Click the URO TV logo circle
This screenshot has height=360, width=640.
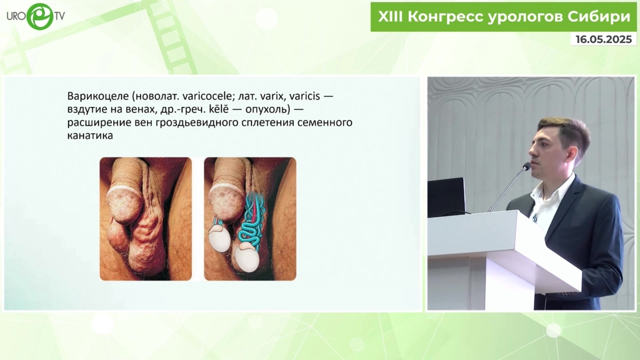point(40,16)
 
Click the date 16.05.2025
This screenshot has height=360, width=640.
point(604,39)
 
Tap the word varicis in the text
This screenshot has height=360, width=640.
point(304,96)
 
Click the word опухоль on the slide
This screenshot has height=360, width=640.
point(267,110)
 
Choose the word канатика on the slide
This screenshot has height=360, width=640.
point(90,136)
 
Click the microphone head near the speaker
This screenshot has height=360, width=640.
point(526,166)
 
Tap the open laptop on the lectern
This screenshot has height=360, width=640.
point(446,197)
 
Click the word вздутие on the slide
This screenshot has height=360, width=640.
point(87,110)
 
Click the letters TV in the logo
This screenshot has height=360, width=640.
point(59,16)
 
